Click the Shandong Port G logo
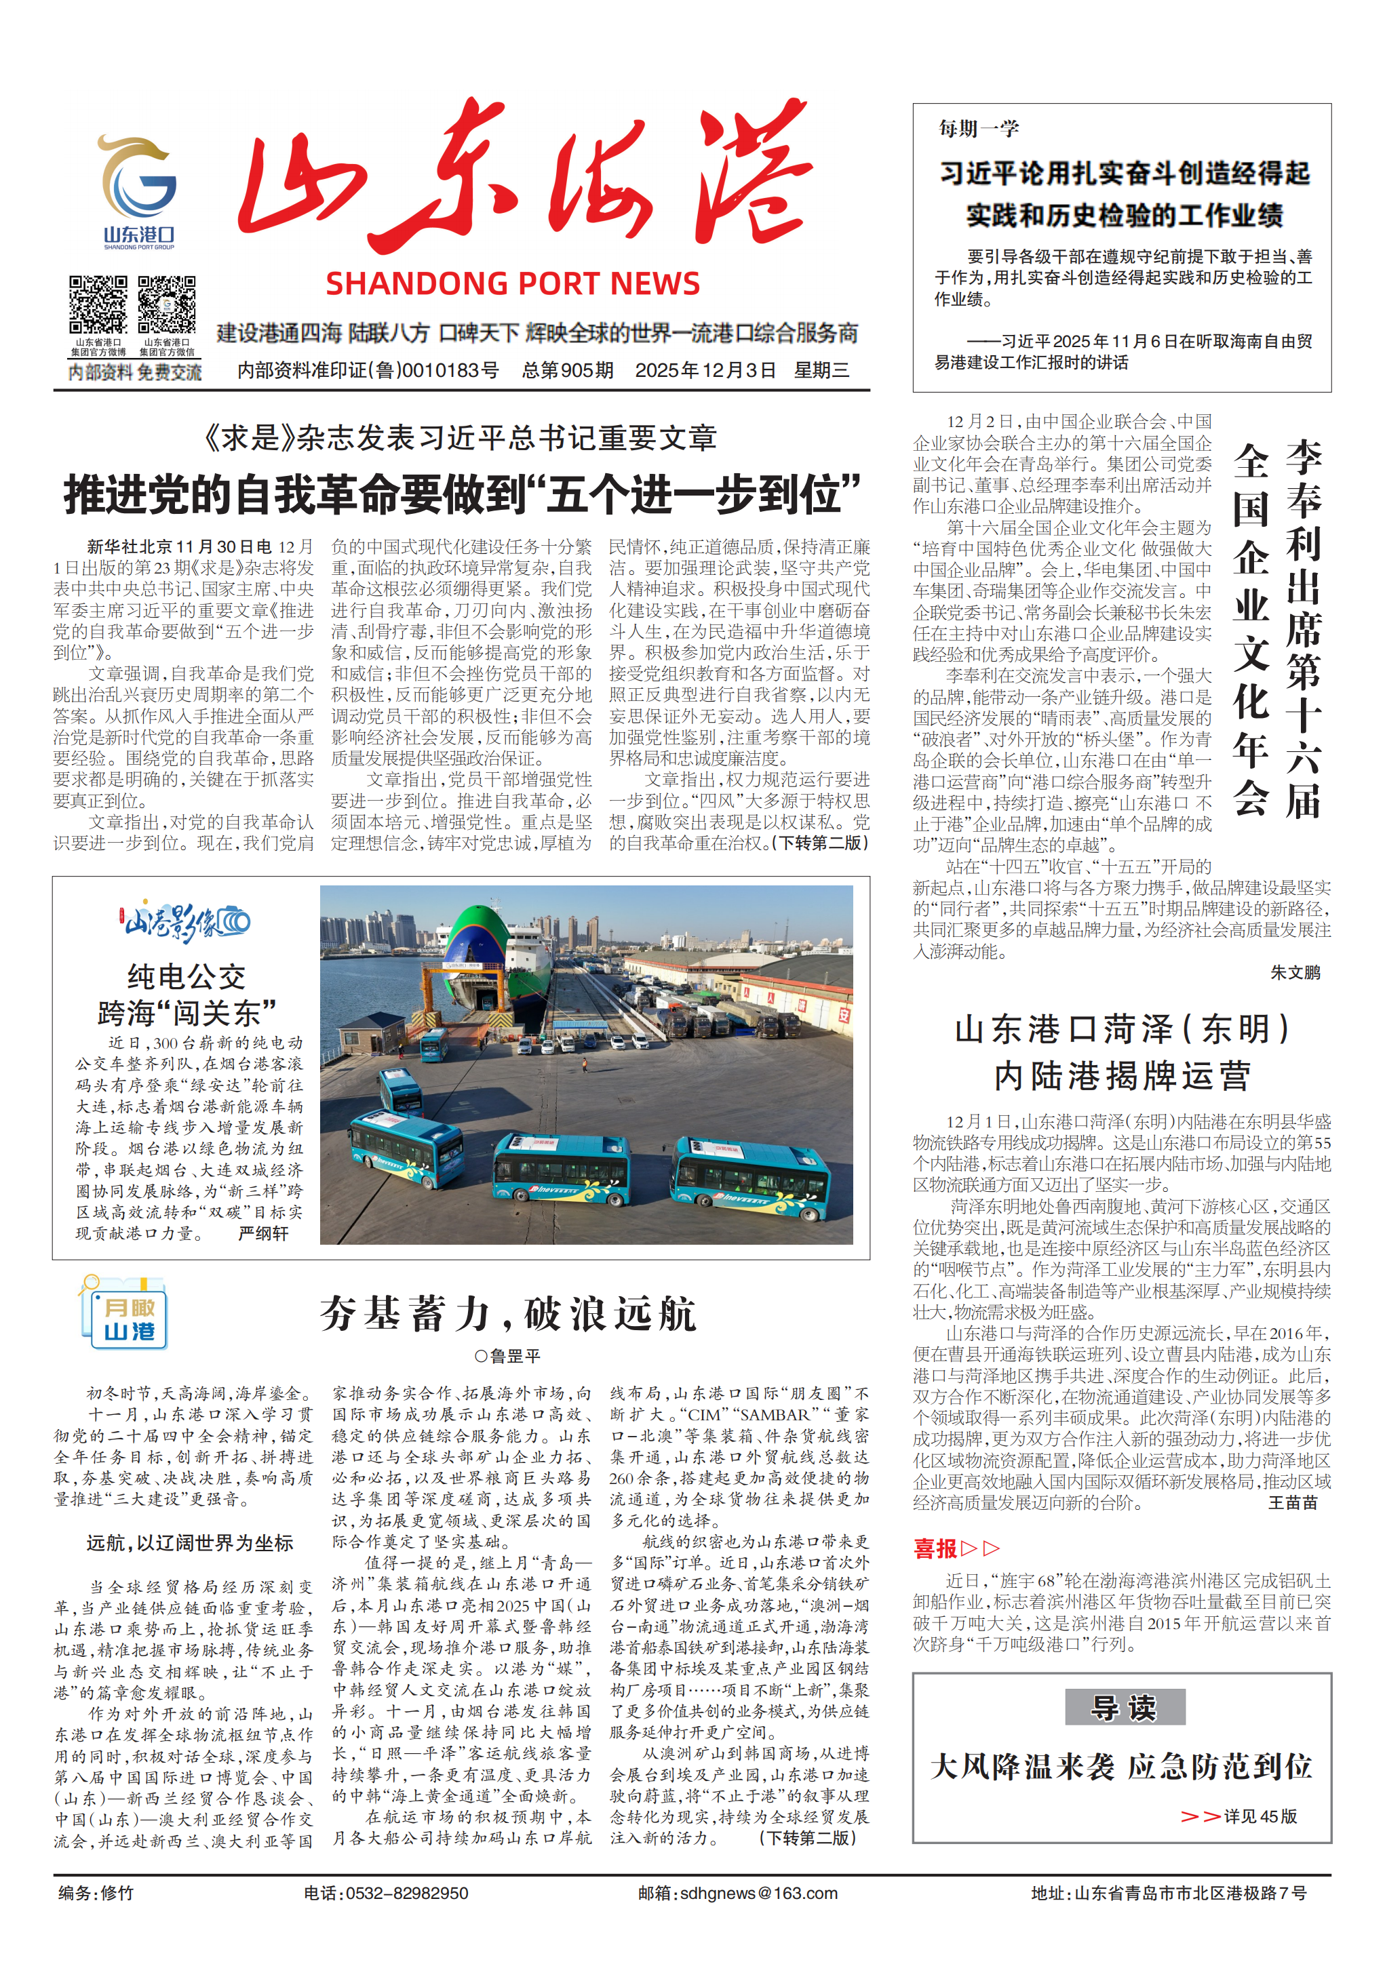[x=138, y=183]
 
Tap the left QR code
[x=98, y=304]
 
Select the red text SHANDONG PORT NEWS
[x=512, y=283]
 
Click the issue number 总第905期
[x=568, y=370]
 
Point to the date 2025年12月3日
[x=705, y=370]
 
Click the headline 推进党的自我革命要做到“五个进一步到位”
[x=462, y=495]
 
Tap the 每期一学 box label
[x=979, y=129]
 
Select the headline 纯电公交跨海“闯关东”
[x=187, y=995]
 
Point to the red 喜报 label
[x=935, y=1548]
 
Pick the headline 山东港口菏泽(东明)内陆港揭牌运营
[x=1123, y=1053]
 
